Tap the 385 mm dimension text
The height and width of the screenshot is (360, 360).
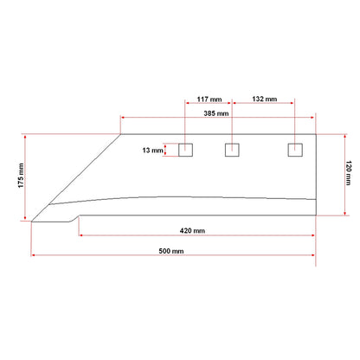(216, 113)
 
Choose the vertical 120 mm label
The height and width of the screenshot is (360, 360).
(350, 176)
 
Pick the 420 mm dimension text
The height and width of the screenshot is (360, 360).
(193, 231)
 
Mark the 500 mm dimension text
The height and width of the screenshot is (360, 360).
(171, 251)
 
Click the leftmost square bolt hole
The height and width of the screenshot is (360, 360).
(185, 150)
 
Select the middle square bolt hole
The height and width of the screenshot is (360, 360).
(231, 150)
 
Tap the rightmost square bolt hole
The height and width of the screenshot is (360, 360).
(294, 150)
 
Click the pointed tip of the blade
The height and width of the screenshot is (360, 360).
(32, 222)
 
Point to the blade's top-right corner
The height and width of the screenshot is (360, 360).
(318, 134)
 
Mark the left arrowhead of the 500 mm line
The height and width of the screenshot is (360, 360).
(34, 254)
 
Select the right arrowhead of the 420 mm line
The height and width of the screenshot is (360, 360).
(315, 235)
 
